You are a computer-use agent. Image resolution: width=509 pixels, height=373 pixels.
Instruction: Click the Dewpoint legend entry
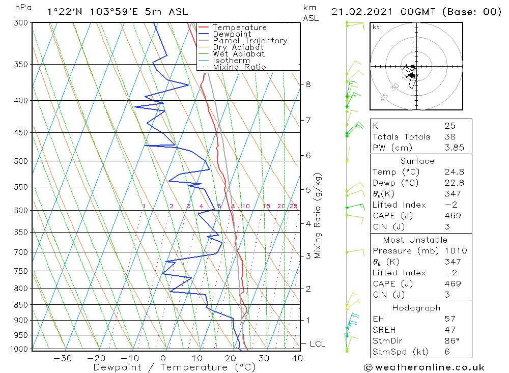click(x=232, y=34)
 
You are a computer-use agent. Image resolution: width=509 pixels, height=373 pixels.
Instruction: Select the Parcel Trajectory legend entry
click(x=250, y=41)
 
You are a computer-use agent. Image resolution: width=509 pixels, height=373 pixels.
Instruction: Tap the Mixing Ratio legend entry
click(x=239, y=67)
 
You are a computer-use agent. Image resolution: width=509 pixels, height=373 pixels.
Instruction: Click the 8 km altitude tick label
click(x=308, y=84)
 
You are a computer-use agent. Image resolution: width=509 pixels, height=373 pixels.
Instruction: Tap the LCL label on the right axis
click(x=317, y=344)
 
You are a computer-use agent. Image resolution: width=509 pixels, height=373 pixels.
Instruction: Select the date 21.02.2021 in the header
click(x=362, y=12)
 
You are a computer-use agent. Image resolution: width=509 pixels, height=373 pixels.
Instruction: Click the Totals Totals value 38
click(x=449, y=136)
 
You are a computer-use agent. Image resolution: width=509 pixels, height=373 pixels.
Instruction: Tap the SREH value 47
click(x=449, y=330)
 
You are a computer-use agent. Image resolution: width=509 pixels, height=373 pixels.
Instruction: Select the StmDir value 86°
click(x=451, y=341)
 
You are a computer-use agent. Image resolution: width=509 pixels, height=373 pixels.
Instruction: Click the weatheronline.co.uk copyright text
click(x=424, y=367)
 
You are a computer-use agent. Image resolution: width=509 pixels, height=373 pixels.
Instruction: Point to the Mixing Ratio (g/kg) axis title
click(x=318, y=216)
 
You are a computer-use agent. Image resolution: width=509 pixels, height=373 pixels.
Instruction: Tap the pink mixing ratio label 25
click(x=293, y=206)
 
